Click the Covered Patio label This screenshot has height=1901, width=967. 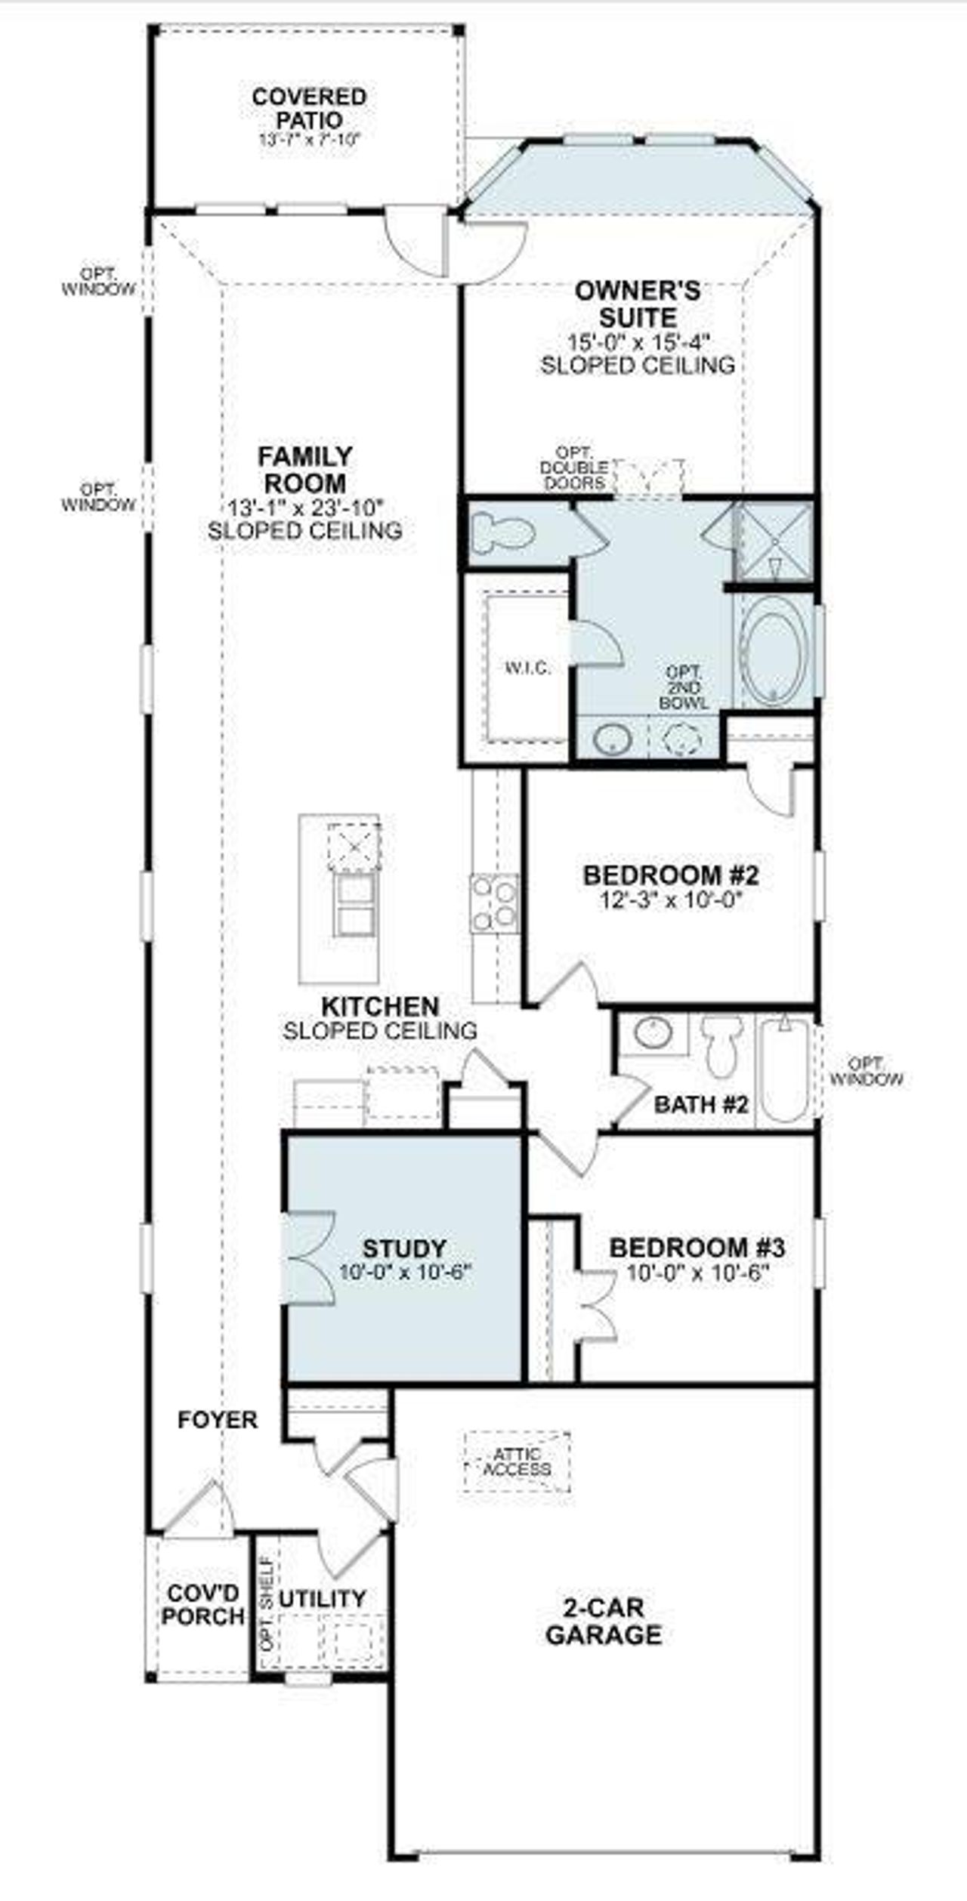coord(308,108)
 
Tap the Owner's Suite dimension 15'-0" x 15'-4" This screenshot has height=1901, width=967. coord(638,341)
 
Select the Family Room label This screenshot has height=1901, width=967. coord(304,469)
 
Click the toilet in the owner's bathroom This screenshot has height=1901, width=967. coord(502,533)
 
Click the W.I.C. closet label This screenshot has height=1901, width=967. coord(527,668)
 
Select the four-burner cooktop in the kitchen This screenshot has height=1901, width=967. coord(494,903)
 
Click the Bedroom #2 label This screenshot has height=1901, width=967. coord(670,875)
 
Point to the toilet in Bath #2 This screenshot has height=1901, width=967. coord(721,1046)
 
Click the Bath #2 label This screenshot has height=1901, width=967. coord(701,1104)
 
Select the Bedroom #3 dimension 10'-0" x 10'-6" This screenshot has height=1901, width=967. coord(697,1273)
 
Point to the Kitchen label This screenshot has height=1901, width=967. coord(380,1006)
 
